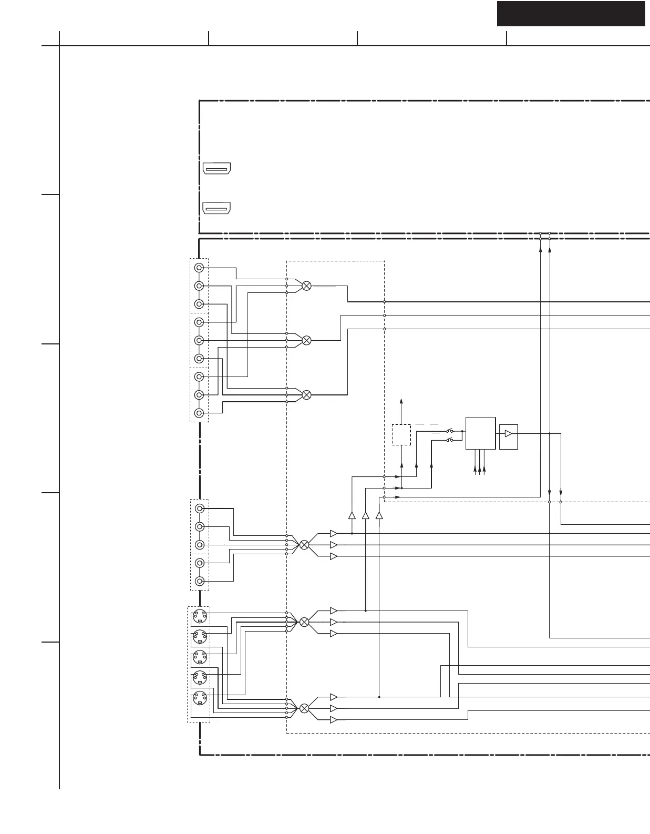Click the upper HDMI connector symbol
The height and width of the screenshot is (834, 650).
[x=216, y=169]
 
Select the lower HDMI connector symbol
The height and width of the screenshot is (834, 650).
[x=216, y=208]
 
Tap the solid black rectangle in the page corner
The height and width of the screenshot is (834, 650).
[x=571, y=13]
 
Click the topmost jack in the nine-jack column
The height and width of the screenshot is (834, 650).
[x=199, y=268]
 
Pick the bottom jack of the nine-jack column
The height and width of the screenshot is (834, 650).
[x=199, y=413]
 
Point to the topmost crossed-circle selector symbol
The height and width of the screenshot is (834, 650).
[x=307, y=286]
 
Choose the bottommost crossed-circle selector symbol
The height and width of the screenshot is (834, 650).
[x=304, y=708]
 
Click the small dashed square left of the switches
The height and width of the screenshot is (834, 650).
[x=401, y=434]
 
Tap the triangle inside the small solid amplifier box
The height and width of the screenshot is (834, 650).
[x=508, y=434]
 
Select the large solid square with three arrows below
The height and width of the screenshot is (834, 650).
[x=480, y=433]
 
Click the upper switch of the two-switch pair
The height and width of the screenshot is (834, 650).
[x=450, y=431]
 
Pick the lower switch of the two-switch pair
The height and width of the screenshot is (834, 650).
[x=450, y=440]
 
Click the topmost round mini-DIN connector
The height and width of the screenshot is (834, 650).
[x=200, y=616]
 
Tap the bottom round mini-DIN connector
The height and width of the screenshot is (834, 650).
[x=200, y=698]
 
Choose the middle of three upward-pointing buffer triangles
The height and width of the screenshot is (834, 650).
[x=365, y=515]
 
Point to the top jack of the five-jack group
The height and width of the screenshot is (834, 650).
[x=199, y=508]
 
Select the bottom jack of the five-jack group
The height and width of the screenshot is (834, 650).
[x=199, y=581]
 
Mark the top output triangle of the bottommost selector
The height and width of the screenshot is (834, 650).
[x=333, y=697]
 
